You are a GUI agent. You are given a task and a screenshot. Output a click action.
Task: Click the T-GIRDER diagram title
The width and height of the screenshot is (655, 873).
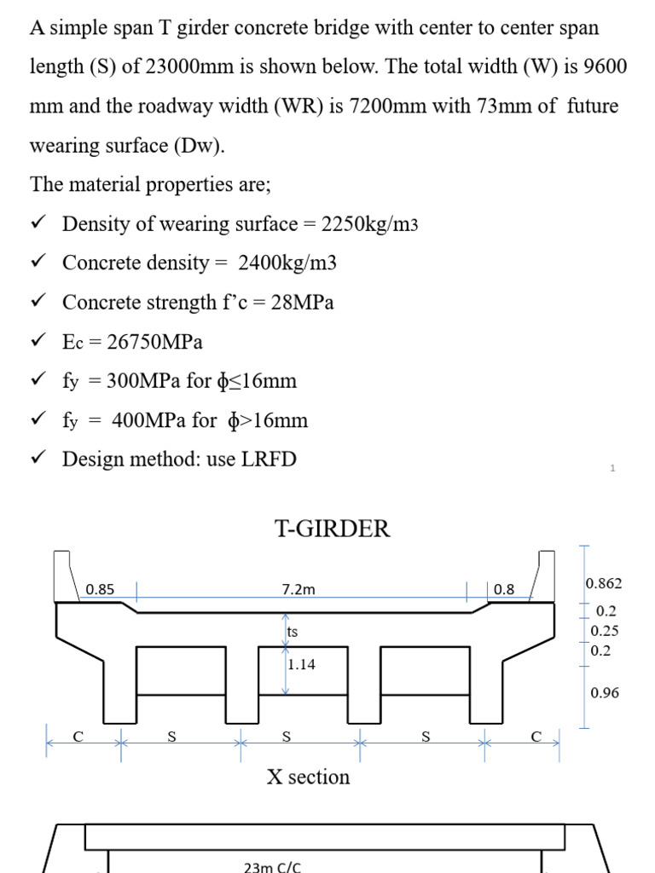[x=333, y=529]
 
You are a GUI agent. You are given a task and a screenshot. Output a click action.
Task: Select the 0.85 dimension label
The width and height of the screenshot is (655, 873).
[x=100, y=589]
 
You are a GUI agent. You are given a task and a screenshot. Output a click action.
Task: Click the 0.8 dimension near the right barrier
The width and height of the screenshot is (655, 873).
[x=504, y=589]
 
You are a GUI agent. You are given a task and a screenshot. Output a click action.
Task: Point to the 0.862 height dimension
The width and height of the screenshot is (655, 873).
[x=604, y=584]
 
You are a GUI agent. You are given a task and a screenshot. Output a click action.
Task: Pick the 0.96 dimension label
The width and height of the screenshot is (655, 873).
[x=605, y=693]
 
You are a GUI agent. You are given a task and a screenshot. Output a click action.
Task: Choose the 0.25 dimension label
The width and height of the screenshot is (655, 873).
[x=605, y=631]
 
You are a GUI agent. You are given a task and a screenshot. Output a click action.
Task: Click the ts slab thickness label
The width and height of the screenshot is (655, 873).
[x=293, y=632]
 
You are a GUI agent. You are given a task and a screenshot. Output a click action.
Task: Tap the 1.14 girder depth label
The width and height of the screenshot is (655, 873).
[x=302, y=665]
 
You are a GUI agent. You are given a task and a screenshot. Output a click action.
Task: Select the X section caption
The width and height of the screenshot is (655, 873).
[x=308, y=778]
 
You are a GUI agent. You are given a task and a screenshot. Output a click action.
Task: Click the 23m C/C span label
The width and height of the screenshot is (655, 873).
[x=272, y=867]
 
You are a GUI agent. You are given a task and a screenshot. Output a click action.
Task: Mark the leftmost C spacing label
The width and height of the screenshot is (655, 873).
[x=78, y=737]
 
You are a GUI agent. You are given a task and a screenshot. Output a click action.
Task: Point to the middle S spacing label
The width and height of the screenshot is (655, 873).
[x=287, y=737]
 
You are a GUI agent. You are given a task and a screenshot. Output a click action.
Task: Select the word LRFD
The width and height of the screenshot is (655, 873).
[x=269, y=460]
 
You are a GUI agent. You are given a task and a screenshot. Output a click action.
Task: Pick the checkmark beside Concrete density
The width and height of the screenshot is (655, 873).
[x=37, y=263]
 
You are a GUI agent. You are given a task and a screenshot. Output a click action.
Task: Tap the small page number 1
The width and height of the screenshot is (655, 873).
[x=612, y=468]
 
